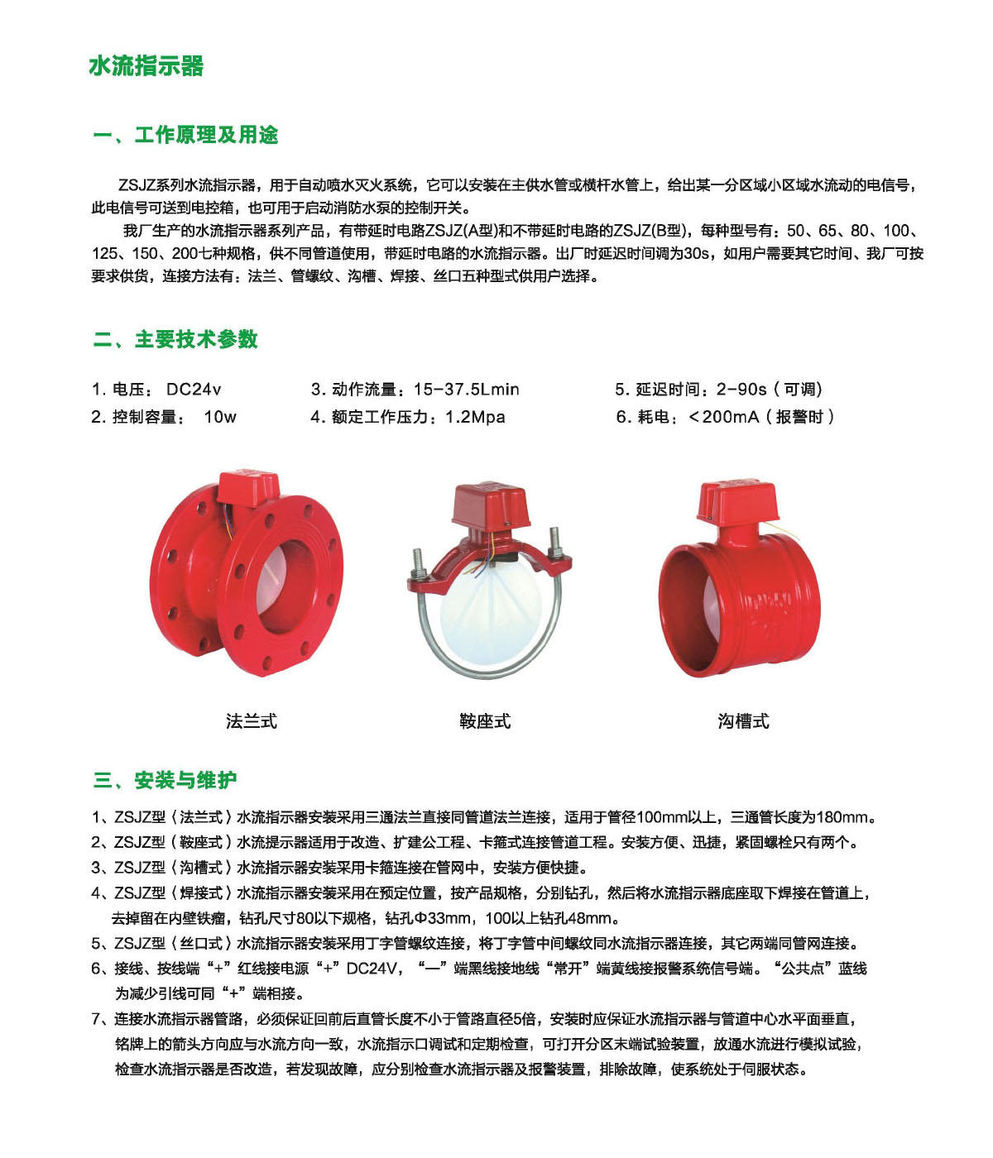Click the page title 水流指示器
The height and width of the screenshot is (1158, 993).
(146, 66)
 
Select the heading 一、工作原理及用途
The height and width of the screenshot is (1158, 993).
(185, 135)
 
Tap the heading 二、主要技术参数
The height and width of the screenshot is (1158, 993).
(175, 339)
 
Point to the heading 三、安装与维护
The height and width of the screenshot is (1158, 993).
(165, 780)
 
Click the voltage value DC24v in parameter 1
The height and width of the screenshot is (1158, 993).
(194, 390)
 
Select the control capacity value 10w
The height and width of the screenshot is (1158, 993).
(220, 417)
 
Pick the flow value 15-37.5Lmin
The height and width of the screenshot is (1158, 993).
(467, 390)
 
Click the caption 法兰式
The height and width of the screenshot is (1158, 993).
(251, 721)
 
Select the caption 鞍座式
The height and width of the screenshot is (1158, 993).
(485, 721)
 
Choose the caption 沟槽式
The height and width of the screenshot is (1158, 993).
(743, 721)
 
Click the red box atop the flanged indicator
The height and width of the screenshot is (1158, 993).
(247, 488)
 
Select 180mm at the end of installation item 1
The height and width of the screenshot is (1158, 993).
(842, 817)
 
